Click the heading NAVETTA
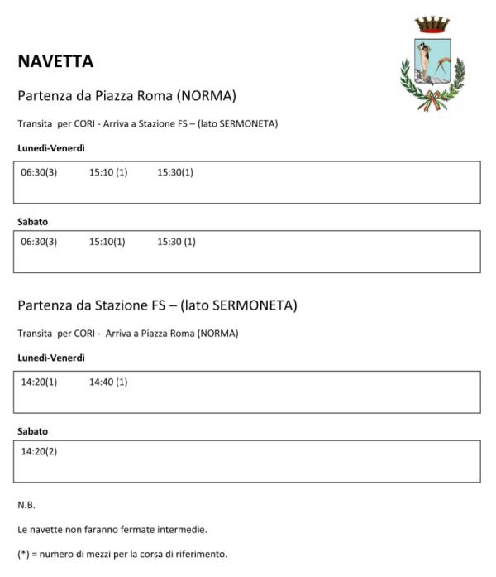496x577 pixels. tap(55, 61)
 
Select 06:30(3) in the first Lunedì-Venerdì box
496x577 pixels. tap(39, 173)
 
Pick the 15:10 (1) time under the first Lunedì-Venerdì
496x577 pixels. tap(108, 173)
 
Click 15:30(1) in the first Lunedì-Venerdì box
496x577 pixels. tap(175, 173)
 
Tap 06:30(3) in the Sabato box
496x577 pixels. tap(39, 242)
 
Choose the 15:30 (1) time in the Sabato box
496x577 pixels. tap(176, 242)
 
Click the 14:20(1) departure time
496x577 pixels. tap(39, 382)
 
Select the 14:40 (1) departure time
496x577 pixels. tap(108, 382)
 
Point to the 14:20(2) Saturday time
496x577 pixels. tap(39, 451)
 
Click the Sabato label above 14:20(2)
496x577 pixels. tap(33, 431)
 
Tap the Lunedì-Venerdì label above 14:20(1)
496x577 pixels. tap(51, 358)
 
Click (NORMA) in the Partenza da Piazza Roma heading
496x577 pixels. tap(207, 96)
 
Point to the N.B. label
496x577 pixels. tap(26, 504)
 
